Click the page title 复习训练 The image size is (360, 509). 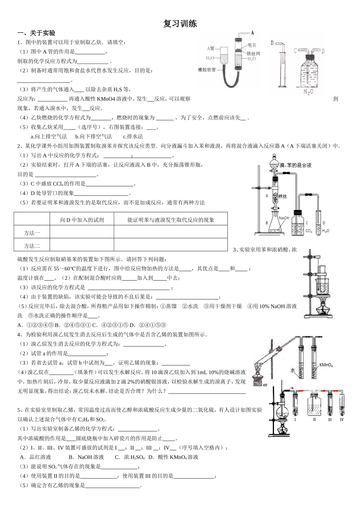(180, 23)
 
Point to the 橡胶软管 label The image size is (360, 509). (207, 70)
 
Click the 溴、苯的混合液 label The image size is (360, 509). (295, 165)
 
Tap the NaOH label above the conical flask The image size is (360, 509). (284, 218)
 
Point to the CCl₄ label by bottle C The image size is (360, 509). (308, 230)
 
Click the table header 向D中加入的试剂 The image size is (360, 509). (82, 220)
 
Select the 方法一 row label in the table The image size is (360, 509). (32, 233)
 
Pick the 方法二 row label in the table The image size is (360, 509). (32, 246)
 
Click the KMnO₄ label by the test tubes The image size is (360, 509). (326, 365)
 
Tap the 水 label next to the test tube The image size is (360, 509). (293, 370)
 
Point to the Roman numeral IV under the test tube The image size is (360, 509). (342, 419)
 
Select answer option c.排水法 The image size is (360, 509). (133, 136)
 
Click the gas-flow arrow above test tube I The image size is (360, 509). (291, 389)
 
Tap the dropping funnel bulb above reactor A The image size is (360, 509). (274, 165)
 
